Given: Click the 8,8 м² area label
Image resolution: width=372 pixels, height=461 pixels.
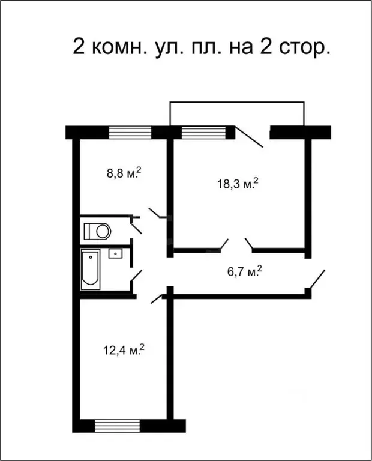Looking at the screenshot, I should (x=124, y=173).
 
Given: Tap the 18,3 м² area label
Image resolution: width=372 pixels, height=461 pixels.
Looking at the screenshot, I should (x=237, y=183).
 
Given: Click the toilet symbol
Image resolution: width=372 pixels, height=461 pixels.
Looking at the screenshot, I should (x=97, y=230).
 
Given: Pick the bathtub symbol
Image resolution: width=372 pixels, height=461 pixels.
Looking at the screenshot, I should (x=92, y=269).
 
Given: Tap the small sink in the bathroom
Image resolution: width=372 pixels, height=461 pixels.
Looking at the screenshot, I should (x=115, y=253).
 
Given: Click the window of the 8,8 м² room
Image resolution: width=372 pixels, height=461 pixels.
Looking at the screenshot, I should (x=130, y=131).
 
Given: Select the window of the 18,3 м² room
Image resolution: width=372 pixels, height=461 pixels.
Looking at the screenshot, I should (x=203, y=131).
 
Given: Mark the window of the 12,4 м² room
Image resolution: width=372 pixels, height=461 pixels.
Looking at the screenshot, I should (x=118, y=426).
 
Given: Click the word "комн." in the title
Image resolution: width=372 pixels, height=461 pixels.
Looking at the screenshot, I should (x=118, y=46).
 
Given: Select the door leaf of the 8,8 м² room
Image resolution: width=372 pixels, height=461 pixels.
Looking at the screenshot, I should (x=157, y=214).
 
